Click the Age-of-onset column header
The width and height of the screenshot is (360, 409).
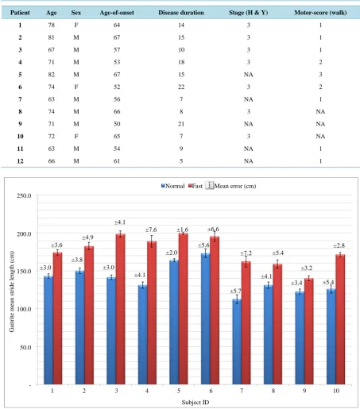[117, 13]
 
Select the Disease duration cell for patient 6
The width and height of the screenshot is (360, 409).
[181, 87]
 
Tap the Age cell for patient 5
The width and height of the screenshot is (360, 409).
[52, 75]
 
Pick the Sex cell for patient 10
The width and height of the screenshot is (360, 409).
[76, 137]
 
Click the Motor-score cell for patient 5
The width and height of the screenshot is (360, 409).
[320, 75]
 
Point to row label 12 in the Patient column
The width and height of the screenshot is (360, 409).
[20, 161]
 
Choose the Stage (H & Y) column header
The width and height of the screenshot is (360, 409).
[249, 13]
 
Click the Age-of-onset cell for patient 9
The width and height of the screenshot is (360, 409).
[117, 124]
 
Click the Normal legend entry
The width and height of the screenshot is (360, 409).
[172, 186]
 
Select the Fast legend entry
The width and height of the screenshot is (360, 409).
[195, 186]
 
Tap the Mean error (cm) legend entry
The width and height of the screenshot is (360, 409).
[231, 186]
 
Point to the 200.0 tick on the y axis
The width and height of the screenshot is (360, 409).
[24, 234]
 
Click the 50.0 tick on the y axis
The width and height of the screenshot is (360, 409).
[25, 347]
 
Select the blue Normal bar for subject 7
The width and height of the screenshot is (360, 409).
[237, 341]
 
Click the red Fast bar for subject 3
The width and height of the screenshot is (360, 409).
[121, 309]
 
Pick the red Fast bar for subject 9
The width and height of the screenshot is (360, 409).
[309, 331]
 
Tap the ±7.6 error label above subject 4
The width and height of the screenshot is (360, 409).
[151, 230]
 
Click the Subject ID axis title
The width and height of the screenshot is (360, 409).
[195, 403]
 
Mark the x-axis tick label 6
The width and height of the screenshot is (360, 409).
[211, 391]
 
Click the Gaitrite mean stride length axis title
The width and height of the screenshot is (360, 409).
[12, 291]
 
